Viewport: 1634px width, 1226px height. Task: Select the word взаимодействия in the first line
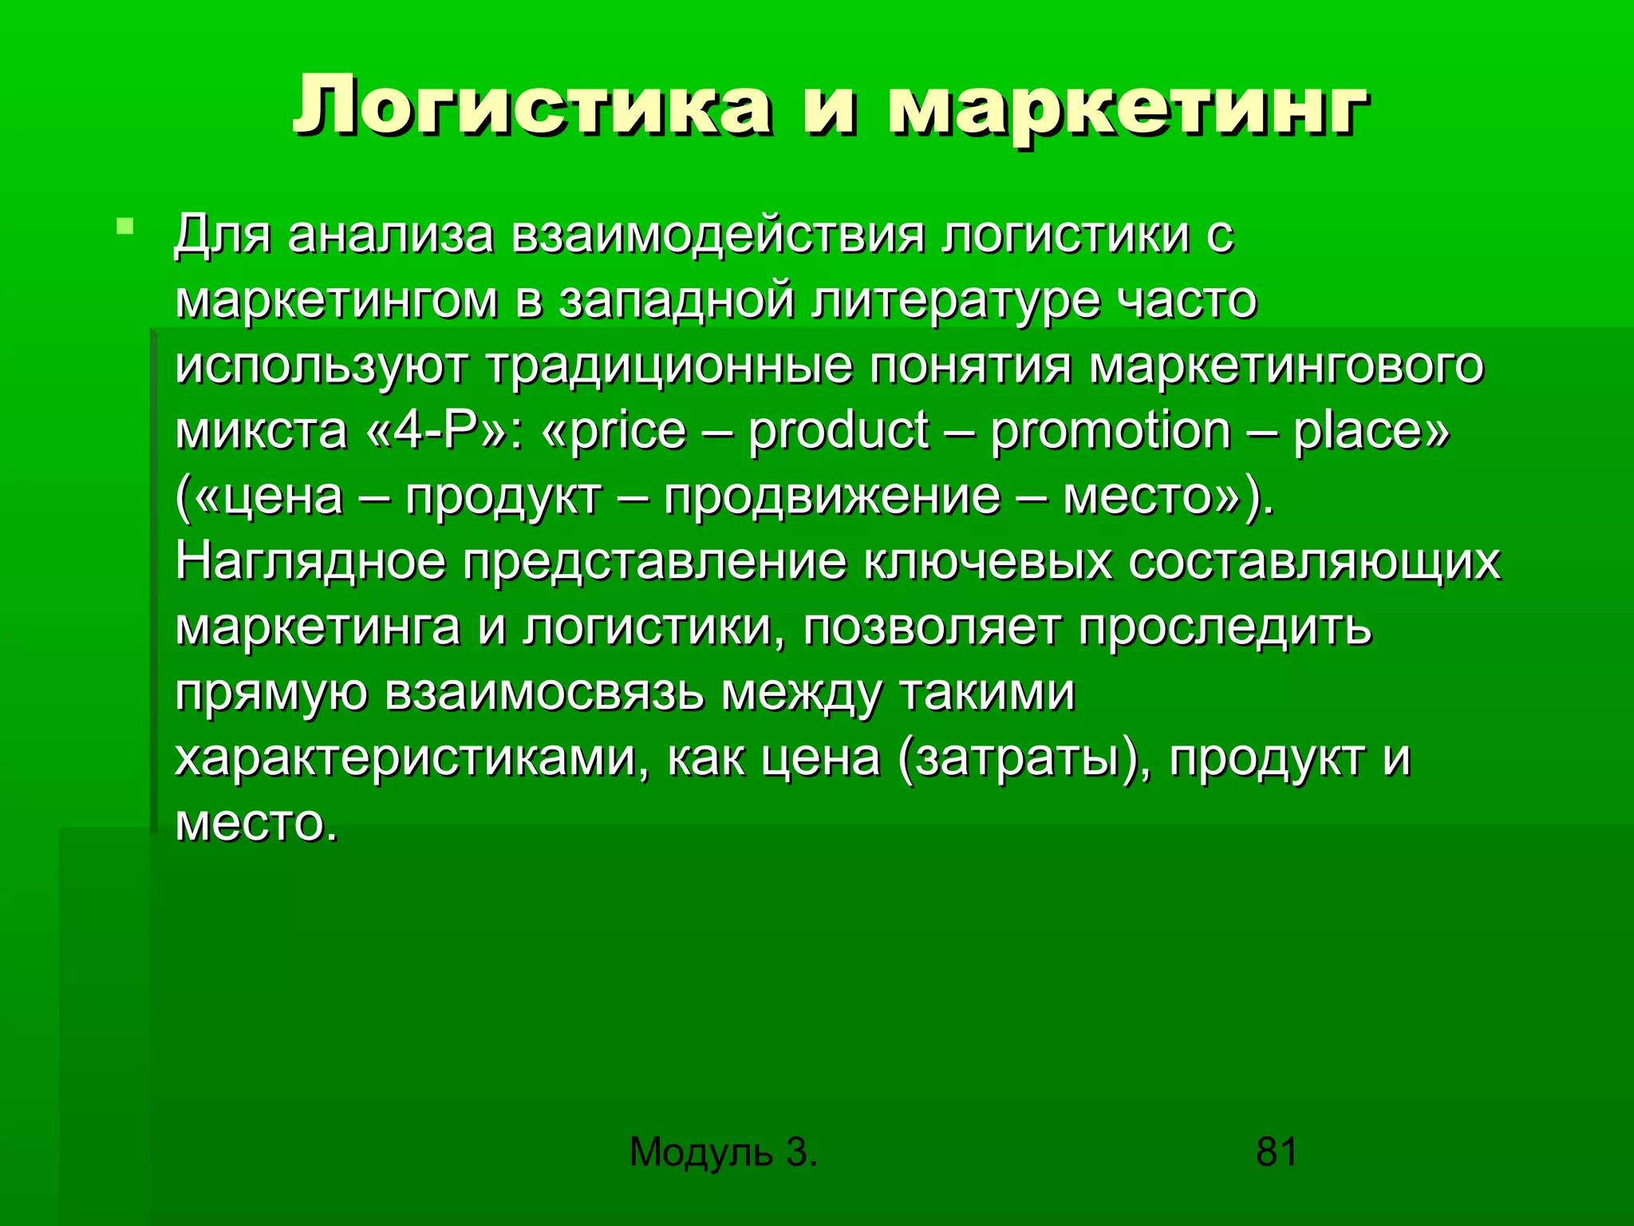tap(718, 236)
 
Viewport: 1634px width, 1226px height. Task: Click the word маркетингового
tap(1286, 367)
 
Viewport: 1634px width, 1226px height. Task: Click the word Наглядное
tap(310, 562)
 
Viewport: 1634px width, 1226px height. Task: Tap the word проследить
tap(1225, 627)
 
